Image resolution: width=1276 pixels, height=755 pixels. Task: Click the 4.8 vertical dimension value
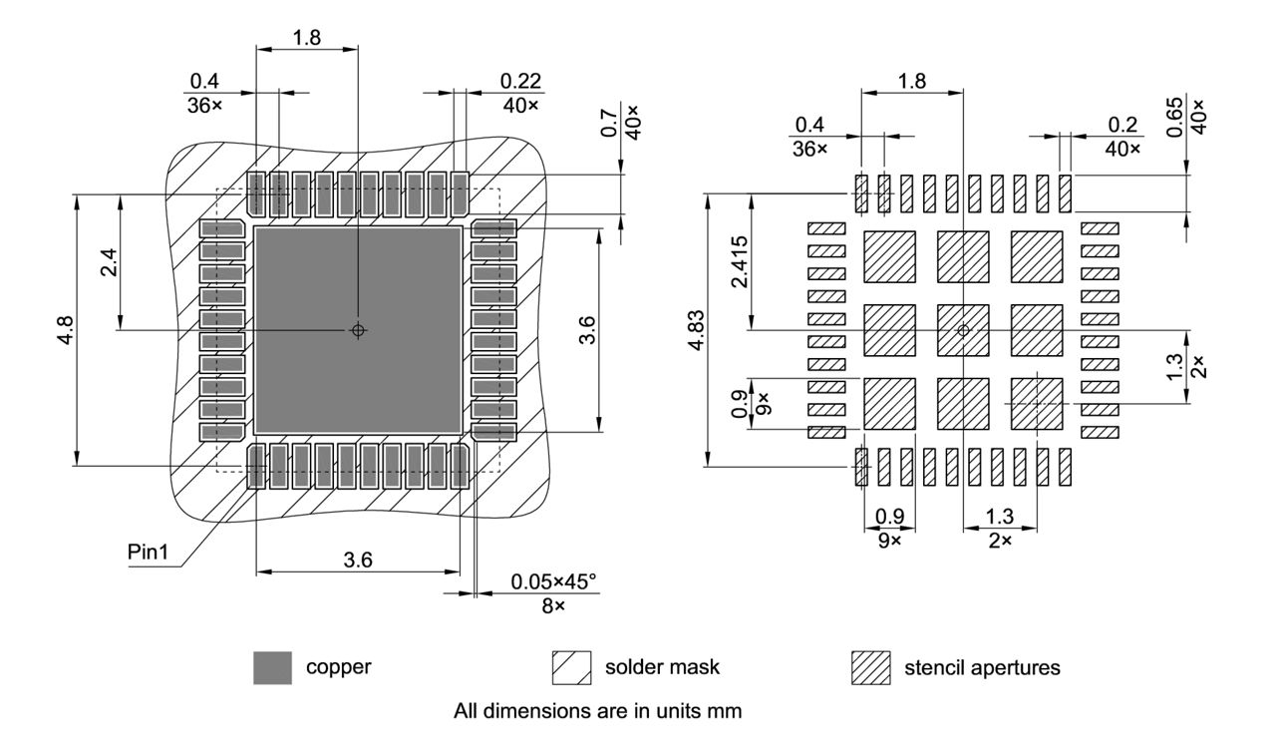click(64, 329)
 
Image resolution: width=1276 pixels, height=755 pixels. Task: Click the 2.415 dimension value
click(740, 261)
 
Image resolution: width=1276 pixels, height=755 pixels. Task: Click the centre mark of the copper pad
click(359, 330)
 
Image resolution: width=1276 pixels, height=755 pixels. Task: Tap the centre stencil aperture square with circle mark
click(963, 330)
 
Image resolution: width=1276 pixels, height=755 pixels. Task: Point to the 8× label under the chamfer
click(553, 605)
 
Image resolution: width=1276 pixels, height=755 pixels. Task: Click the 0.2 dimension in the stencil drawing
click(1122, 124)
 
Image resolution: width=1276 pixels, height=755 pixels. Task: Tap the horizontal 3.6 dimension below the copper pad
click(358, 561)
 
